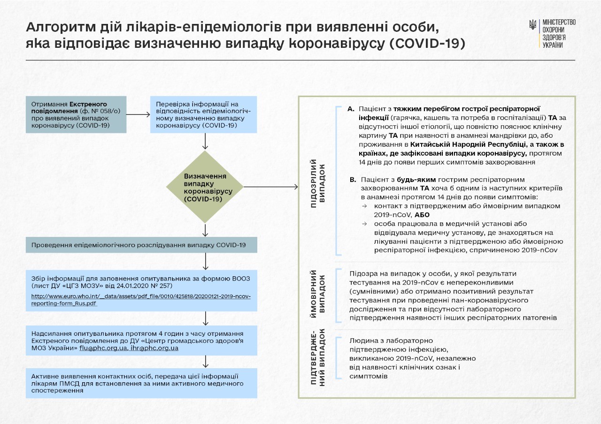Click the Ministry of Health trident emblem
click(533, 25)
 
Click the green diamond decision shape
click(205, 187)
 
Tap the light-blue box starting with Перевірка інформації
click(204, 114)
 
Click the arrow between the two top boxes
click(138, 114)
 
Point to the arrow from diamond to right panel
click(271, 187)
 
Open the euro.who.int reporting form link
click(141, 300)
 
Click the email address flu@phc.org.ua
click(103, 348)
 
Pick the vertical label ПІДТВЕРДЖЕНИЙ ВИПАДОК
click(318, 357)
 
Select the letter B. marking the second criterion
click(354, 180)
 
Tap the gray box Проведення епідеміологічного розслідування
click(141, 245)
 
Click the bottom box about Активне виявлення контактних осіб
click(141, 383)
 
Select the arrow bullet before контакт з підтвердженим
click(365, 206)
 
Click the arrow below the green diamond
click(205, 230)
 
